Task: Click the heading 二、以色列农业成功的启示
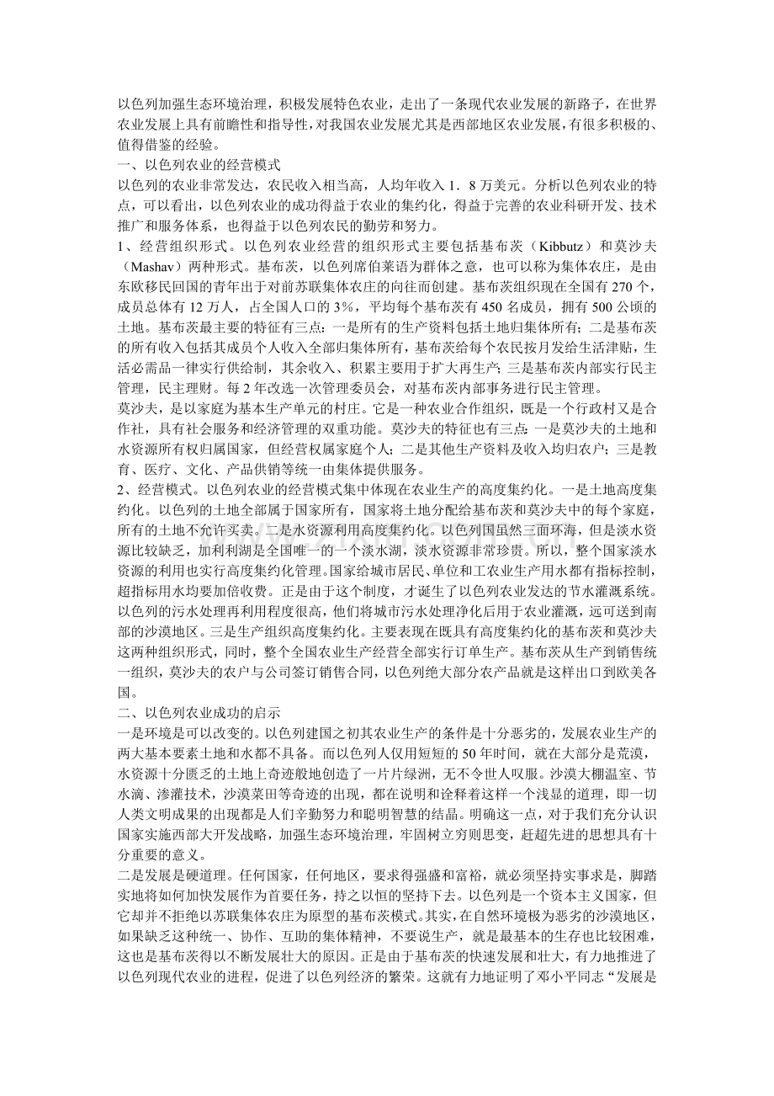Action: click(x=198, y=712)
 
